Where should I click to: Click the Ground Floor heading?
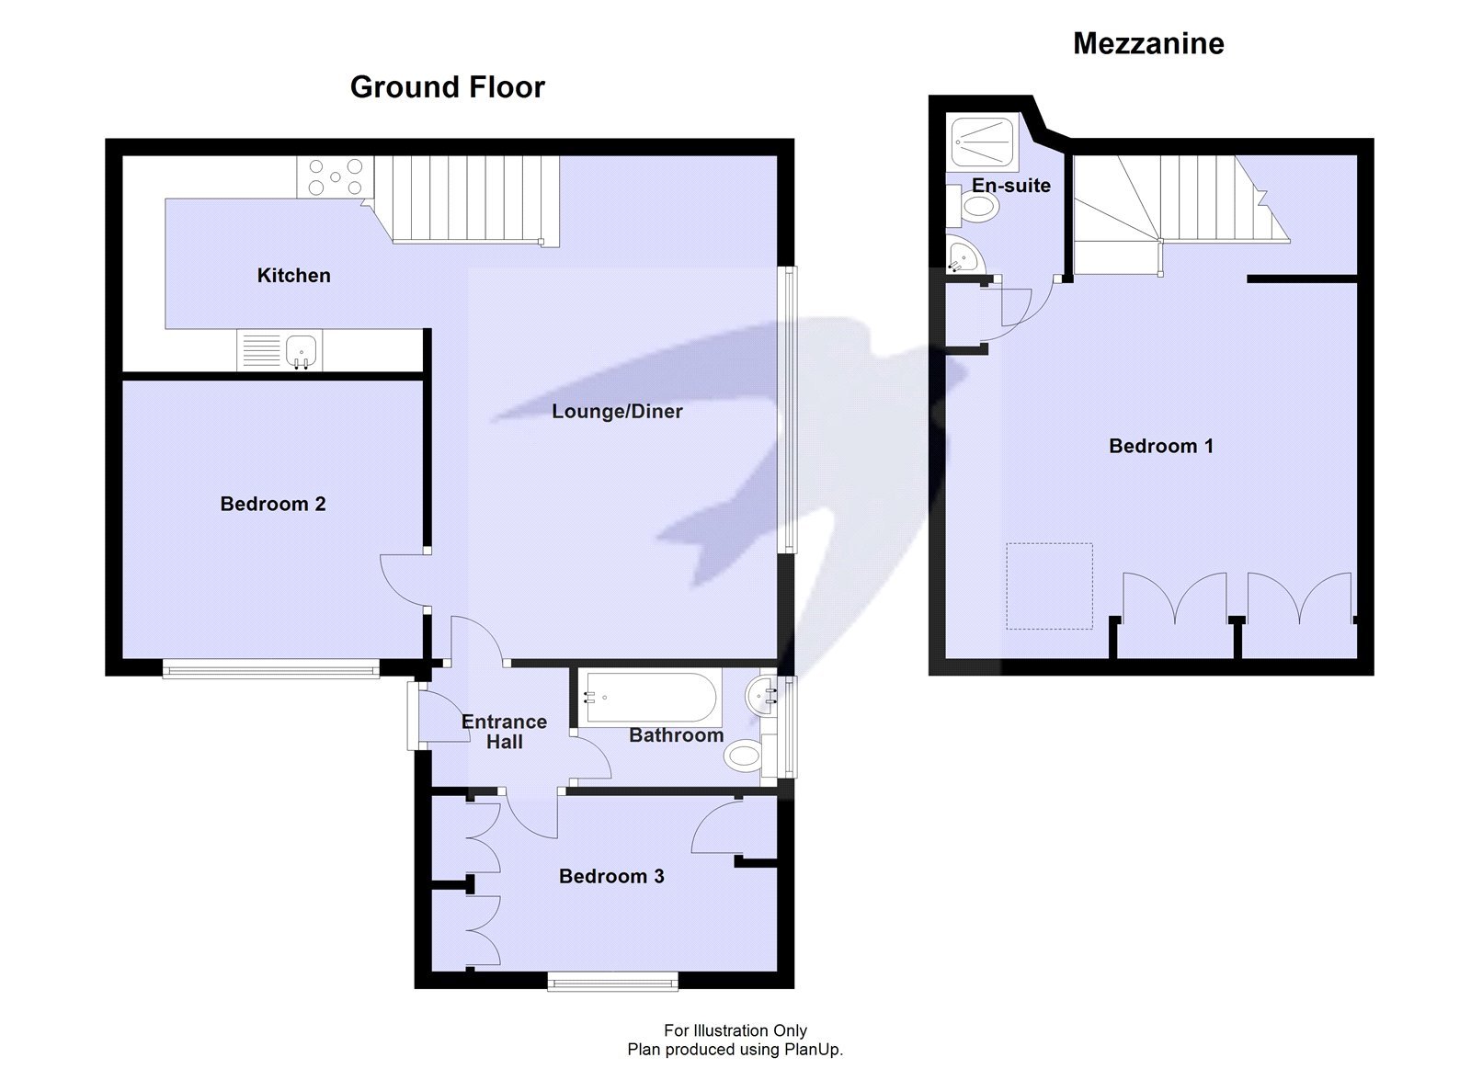click(x=447, y=87)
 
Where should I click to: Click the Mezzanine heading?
click(x=1148, y=43)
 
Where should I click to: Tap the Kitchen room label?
click(x=293, y=275)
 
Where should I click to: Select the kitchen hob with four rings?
click(x=335, y=176)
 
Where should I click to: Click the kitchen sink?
click(x=301, y=350)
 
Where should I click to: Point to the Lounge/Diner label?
click(x=617, y=411)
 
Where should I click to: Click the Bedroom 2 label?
click(x=273, y=504)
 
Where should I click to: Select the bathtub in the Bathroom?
click(x=651, y=698)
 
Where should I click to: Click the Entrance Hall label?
click(x=504, y=732)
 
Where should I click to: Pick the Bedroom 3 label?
click(x=611, y=876)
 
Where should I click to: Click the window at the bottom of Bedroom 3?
click(x=612, y=983)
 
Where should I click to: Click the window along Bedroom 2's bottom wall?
click(x=270, y=670)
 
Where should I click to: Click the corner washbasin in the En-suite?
click(x=962, y=255)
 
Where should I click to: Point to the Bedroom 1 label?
click(x=1160, y=446)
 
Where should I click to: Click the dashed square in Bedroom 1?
click(x=1049, y=586)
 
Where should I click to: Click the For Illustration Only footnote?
click(x=735, y=1030)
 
